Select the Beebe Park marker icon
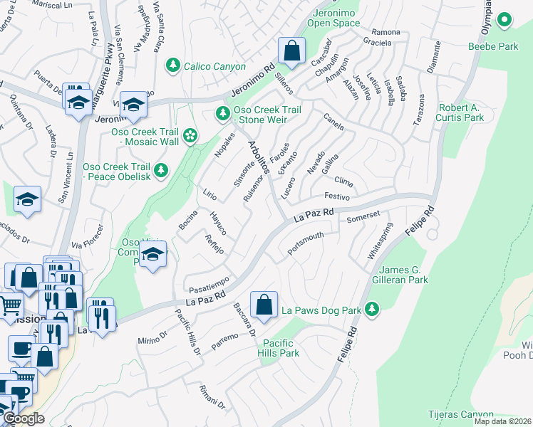click(x=504, y=21)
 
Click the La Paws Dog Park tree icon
click(x=371, y=309)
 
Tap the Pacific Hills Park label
click(x=279, y=348)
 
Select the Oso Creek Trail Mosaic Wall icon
click(x=190, y=135)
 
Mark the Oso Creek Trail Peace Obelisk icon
click(x=162, y=170)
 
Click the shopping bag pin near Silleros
click(x=291, y=51)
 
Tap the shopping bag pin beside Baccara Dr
click(x=264, y=305)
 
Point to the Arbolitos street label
click(x=258, y=157)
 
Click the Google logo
click(x=24, y=418)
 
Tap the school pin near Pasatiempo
click(x=153, y=255)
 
